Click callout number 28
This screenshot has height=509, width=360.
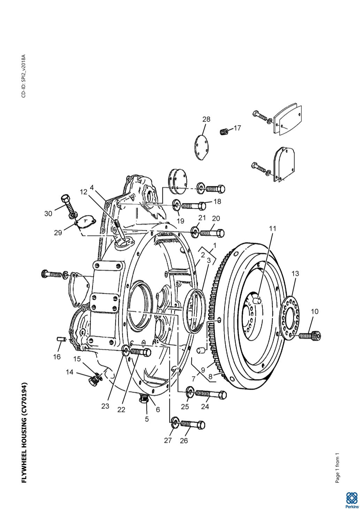click(x=206, y=119)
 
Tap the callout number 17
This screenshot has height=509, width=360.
click(x=237, y=128)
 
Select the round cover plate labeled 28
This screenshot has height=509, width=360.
click(x=201, y=147)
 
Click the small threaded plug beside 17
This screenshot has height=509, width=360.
click(x=224, y=131)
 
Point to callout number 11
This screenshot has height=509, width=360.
click(x=273, y=229)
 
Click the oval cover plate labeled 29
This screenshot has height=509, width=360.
click(x=85, y=222)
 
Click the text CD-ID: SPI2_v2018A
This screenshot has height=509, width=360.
click(x=24, y=76)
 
